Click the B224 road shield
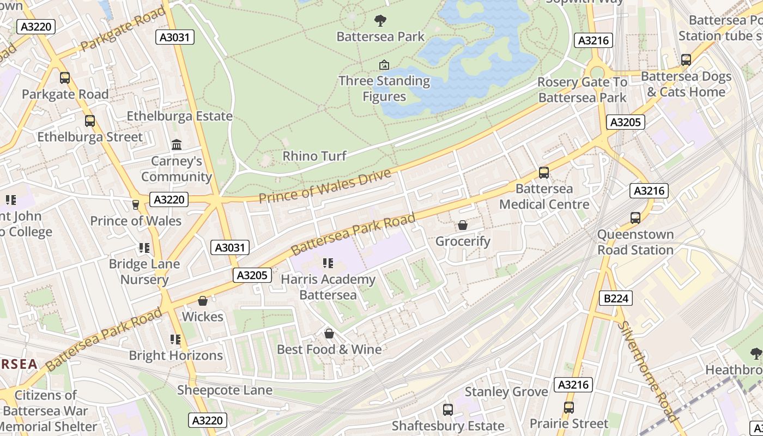point(616,298)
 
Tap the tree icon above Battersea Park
point(380,21)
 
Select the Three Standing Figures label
point(384,89)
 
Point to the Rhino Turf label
point(314,156)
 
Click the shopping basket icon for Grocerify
point(463,225)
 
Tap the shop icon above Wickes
point(203,301)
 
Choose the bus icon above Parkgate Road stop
point(65,78)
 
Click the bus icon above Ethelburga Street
point(90,121)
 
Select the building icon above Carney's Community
point(177,145)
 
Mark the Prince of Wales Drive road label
point(325,186)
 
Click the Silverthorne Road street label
point(648,371)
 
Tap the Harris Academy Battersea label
point(328,287)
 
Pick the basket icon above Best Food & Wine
point(329,334)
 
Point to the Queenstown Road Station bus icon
point(635,218)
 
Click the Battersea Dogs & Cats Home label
point(686,84)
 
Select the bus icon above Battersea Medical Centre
point(544,173)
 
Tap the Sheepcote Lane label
point(225,390)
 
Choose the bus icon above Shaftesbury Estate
point(448,409)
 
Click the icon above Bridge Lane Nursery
point(144,249)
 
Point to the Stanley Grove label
point(506,392)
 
